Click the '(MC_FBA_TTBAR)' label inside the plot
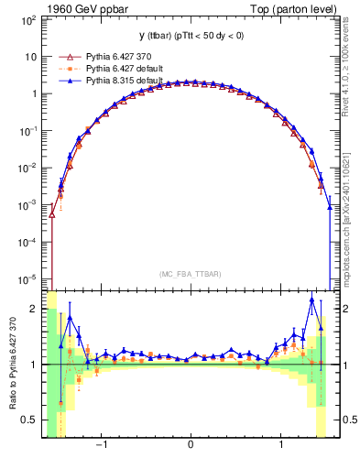pyautogui.click(x=191, y=273)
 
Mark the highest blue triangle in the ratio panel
pyautogui.click(x=312, y=300)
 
